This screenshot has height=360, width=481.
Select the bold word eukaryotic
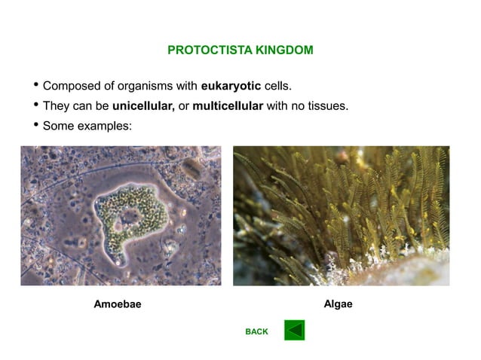pyautogui.click(x=231, y=85)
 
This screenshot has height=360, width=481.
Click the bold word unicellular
pyautogui.click(x=143, y=105)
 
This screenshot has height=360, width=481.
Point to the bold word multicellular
pyautogui.click(x=228, y=105)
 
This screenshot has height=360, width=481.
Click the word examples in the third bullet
pyautogui.click(x=105, y=126)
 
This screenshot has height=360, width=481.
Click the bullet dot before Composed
pyautogui.click(x=35, y=84)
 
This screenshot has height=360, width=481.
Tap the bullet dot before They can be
pyautogui.click(x=35, y=105)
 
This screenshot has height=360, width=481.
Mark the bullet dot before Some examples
pyautogui.click(x=35, y=125)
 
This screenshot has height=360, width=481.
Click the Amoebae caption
pyautogui.click(x=117, y=305)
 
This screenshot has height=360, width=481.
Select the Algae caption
pyautogui.click(x=338, y=304)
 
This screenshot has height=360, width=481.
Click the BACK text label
pyautogui.click(x=256, y=331)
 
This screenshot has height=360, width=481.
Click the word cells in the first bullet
pyautogui.click(x=277, y=85)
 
